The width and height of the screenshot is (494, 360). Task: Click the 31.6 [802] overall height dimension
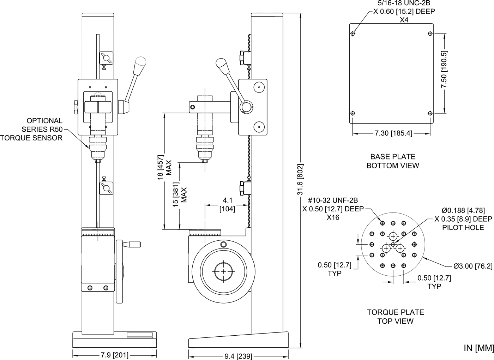pyautogui.click(x=300, y=179)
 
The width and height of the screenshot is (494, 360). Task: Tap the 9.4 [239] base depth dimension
pyautogui.click(x=238, y=356)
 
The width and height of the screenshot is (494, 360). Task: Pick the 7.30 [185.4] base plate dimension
pyautogui.click(x=393, y=133)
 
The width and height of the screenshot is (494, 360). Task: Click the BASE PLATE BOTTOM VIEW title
pyautogui.click(x=392, y=161)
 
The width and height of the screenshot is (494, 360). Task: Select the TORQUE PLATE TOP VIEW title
pyautogui.click(x=395, y=317)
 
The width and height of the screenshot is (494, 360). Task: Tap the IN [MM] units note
pyautogui.click(x=478, y=348)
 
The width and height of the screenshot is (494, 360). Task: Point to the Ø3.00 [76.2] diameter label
pyautogui.click(x=473, y=266)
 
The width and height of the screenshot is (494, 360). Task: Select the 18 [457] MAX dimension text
pyautogui.click(x=164, y=165)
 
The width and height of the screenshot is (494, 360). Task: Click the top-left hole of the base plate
pyautogui.click(x=353, y=34)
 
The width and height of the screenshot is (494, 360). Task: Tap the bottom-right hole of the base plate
pyautogui.click(x=430, y=113)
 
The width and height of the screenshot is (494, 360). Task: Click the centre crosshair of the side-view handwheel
pyautogui.click(x=224, y=271)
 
